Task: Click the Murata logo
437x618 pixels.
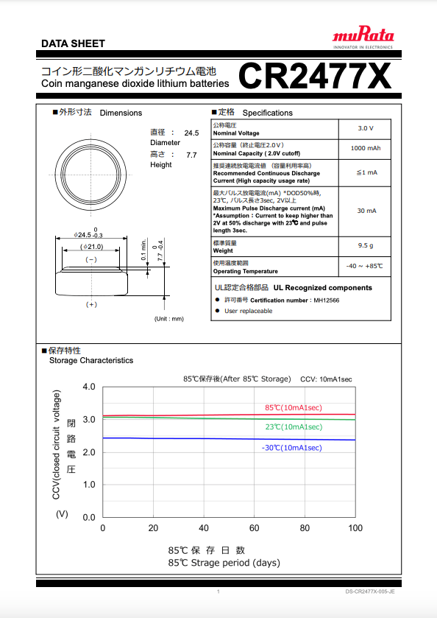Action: pos(363,37)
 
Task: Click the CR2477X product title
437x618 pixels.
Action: pos(314,75)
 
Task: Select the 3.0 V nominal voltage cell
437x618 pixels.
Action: pos(366,128)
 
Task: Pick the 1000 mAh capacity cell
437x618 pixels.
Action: pos(366,148)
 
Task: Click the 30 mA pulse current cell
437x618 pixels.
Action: pos(366,211)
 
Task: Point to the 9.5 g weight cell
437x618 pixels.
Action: pos(366,245)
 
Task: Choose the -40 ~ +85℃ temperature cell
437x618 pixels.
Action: pos(365,265)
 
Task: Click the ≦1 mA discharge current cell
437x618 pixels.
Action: pos(366,172)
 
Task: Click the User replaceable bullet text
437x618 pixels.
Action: pos(248,311)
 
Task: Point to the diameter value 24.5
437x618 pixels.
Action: pos(191,133)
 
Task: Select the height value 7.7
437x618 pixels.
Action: pos(191,155)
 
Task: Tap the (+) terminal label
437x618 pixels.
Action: pos(91,304)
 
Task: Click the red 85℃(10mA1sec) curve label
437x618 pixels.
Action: pos(293,407)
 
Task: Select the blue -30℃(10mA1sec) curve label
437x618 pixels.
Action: pos(291,447)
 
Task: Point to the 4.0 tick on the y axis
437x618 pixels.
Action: pos(88,387)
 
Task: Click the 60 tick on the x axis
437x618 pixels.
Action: pos(255,529)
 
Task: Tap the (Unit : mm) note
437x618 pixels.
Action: pos(168,318)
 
